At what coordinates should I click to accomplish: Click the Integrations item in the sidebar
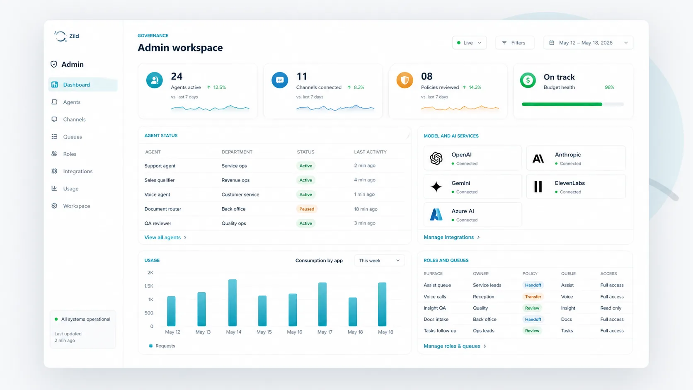[78, 171]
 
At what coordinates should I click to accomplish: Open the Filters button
[514, 43]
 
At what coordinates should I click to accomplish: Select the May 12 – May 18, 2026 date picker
[588, 43]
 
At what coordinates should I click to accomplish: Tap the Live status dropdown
[469, 43]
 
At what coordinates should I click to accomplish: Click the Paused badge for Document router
[307, 209]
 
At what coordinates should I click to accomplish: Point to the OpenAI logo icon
[436, 158]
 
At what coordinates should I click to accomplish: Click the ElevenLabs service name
[569, 183]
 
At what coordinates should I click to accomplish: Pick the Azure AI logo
[436, 215]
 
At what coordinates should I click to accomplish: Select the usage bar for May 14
[233, 303]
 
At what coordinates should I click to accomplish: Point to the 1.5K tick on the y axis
[149, 286]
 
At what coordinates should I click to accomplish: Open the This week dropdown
[379, 261]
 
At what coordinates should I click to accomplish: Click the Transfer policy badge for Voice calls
[533, 297]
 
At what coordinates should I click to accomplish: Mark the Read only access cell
[611, 308]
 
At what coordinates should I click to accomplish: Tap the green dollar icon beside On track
[528, 80]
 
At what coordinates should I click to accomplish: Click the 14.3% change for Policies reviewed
[475, 87]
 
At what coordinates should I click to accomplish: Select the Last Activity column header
[370, 152]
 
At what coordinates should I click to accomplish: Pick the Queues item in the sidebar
[72, 137]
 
